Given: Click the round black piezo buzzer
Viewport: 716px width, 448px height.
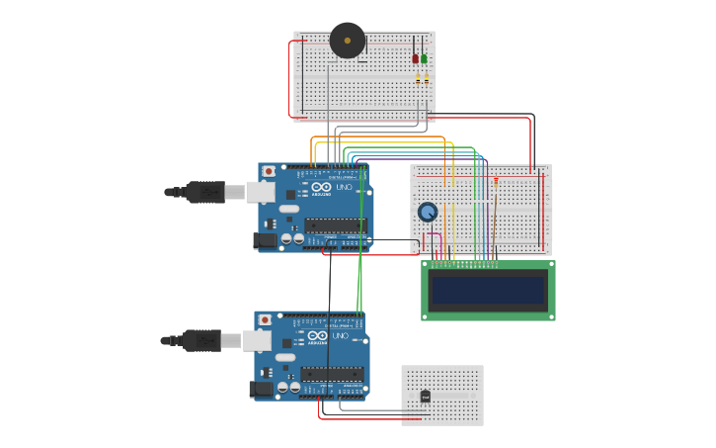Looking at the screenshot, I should pos(347,41).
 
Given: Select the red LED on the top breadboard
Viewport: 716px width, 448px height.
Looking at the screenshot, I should pos(416,57).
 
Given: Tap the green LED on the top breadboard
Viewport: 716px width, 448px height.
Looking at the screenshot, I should pos(425,57).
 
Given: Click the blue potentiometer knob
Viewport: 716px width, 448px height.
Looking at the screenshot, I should pos(428,212).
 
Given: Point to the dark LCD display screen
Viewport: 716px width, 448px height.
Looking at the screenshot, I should pos(488,290).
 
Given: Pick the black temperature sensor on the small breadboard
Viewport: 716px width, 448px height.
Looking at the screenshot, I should pos(425,397).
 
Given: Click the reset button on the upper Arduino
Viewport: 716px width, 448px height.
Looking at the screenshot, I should pos(269,171).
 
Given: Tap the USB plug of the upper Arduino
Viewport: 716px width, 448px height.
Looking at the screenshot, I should pos(206,192).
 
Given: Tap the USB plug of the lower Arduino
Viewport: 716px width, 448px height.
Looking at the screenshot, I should pos(202,340).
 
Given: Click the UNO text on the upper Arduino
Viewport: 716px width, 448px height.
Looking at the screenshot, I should pos(344,187).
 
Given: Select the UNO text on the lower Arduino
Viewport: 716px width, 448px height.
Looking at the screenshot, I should pos(340,335).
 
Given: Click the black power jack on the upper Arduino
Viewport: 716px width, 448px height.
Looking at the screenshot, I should pos(265,239).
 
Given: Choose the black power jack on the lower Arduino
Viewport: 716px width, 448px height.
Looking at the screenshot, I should pos(261,389).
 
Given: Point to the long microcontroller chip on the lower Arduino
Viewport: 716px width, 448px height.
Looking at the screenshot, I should pos(331,374).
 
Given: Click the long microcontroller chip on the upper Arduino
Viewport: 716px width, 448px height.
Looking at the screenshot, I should pos(335,225).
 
